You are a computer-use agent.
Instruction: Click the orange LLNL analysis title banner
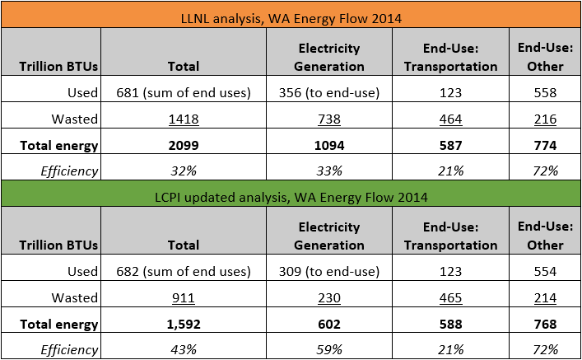(x=291, y=16)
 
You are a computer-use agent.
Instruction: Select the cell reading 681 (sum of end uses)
(x=183, y=93)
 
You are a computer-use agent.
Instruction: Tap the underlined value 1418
(x=183, y=119)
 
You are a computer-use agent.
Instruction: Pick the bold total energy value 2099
(x=183, y=146)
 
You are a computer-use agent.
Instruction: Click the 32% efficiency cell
(x=183, y=171)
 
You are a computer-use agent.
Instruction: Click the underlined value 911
(x=183, y=297)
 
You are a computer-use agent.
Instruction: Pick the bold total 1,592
(x=183, y=324)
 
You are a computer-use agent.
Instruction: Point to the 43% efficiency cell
(x=183, y=348)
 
